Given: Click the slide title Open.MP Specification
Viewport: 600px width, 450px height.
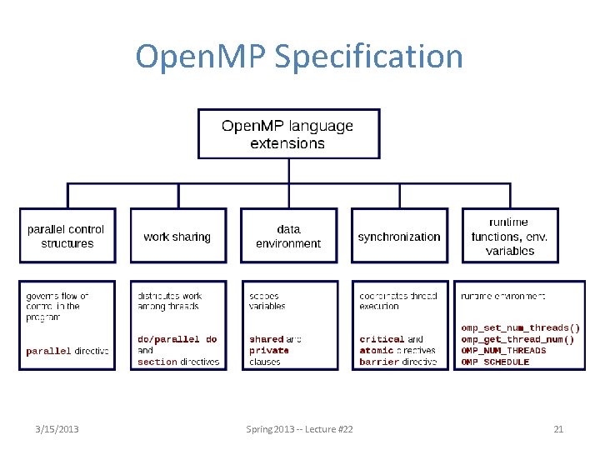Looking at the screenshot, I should pos(299,57).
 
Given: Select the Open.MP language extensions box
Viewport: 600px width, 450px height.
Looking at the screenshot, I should pos(288,134).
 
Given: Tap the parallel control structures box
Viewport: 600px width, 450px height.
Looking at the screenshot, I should pos(67,236).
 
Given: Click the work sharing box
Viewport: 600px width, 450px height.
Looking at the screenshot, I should pos(177,237).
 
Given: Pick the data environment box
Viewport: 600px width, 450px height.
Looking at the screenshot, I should pos(288,236).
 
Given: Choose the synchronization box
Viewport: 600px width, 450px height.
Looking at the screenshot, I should pos(399,237).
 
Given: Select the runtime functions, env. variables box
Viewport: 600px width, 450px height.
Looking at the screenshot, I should pos(509,236).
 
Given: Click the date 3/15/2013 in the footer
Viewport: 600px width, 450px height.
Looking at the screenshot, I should pos(57,429).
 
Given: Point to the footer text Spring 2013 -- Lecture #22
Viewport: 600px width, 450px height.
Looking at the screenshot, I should pos(299,429).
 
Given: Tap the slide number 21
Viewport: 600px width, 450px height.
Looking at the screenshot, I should pos(558,429).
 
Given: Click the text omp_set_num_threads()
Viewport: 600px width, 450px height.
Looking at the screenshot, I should pos(520,327).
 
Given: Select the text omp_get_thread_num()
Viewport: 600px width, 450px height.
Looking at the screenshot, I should pos(517,339).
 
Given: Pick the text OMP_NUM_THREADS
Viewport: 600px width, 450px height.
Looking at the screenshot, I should pos(503,351).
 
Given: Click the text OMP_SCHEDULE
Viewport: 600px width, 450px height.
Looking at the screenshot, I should pos(495,362).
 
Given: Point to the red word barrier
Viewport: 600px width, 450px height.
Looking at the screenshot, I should pos(379,362).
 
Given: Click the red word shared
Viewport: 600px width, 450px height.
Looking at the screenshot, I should pos(267,339).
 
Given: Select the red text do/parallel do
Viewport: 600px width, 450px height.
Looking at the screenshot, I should pos(177,339).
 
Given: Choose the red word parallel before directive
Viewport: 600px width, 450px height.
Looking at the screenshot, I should pos(48,352).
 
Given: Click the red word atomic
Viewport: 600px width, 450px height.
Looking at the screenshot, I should pos(377,351).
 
